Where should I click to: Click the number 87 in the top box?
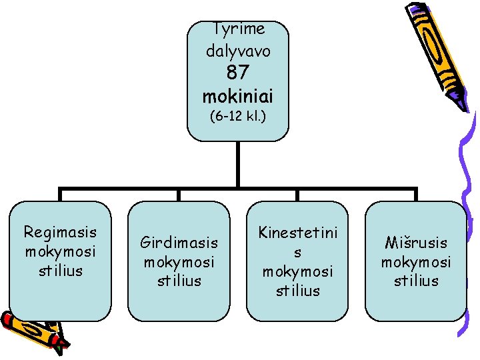point(237,72)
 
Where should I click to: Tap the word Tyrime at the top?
point(238,29)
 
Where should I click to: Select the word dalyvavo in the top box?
point(238,50)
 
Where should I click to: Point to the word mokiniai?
point(238,95)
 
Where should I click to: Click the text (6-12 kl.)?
point(238,117)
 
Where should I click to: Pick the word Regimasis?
point(60,232)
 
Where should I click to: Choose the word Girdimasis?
point(179,243)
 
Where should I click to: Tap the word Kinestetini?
point(298,233)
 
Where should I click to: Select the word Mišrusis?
point(416,243)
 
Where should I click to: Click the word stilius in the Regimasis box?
point(60,270)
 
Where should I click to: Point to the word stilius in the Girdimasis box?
point(179,281)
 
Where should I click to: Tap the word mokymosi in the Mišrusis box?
point(416,262)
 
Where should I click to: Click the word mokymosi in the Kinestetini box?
point(298,272)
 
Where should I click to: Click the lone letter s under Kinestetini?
point(298,253)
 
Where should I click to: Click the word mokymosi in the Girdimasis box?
point(179,262)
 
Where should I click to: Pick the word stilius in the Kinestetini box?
point(298,291)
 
